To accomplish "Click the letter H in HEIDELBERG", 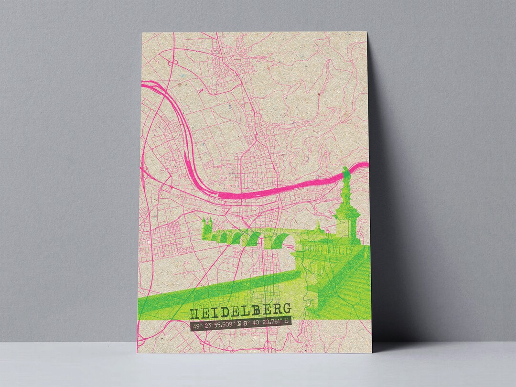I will click(196, 313).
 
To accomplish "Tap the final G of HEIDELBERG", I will click(286, 311).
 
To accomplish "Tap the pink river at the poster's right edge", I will click(361, 166).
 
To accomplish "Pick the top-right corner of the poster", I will click(367, 32).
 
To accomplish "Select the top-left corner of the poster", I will click(142, 32).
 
